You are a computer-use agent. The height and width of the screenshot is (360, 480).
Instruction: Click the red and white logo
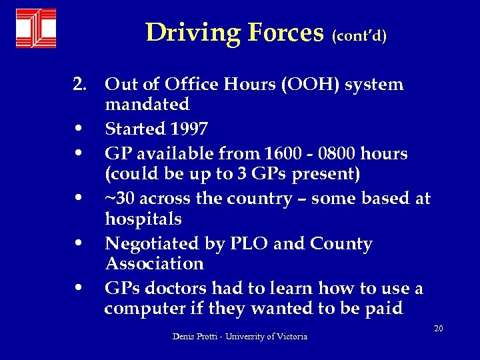pos(36,29)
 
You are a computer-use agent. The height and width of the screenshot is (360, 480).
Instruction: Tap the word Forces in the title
pos(286,32)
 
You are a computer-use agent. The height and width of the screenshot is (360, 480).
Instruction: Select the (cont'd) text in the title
pos(359,35)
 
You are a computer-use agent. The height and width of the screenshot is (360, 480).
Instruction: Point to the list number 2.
pos(80,85)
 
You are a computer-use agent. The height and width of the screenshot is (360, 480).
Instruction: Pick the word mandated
pos(147,104)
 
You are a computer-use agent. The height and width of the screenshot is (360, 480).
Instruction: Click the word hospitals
pos(143,219)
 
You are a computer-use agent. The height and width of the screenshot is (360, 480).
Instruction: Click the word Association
pos(154,263)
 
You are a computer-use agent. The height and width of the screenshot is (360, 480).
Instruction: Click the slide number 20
pos(438,328)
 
